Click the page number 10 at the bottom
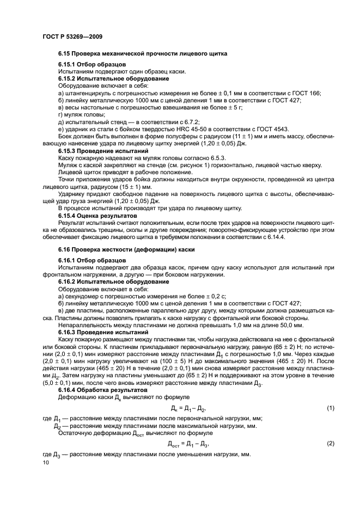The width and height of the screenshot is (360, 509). coord(45,463)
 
